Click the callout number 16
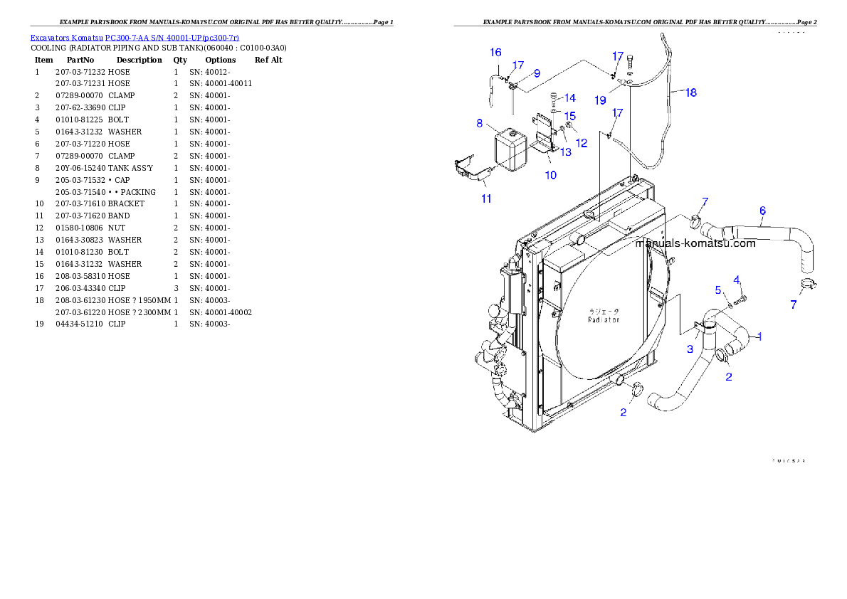pyautogui.click(x=495, y=52)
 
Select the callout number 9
pyautogui.click(x=537, y=73)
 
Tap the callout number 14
pyautogui.click(x=570, y=98)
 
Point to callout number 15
pyautogui.click(x=570, y=115)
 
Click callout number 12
pyautogui.click(x=582, y=142)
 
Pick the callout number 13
pyautogui.click(x=565, y=152)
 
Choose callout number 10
pyautogui.click(x=551, y=175)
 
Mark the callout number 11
pyautogui.click(x=486, y=198)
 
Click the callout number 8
pyautogui.click(x=480, y=122)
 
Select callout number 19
pyautogui.click(x=600, y=100)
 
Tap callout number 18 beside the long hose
pyautogui.click(x=690, y=92)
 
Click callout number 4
pyautogui.click(x=737, y=279)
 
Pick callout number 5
pyautogui.click(x=718, y=290)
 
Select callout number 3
pyautogui.click(x=690, y=349)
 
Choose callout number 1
pyautogui.click(x=759, y=336)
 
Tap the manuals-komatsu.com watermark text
pyautogui.click(x=695, y=243)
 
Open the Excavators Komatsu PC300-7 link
pyautogui.click(x=135, y=37)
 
